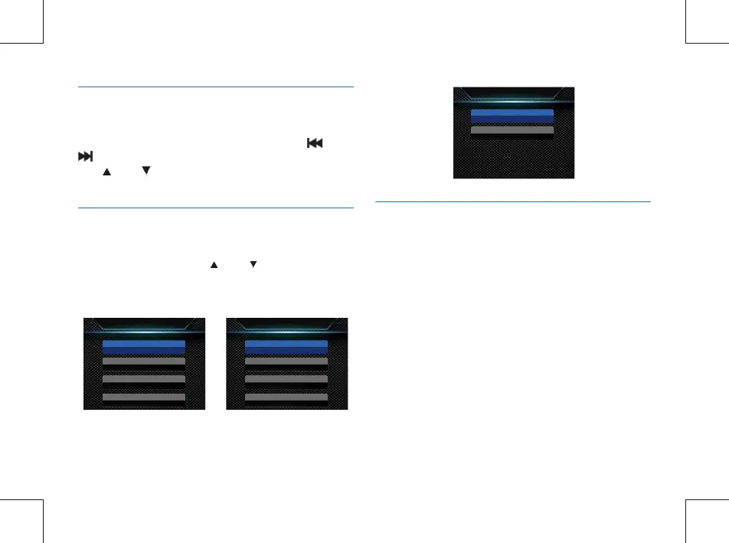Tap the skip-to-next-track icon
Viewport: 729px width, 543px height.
[85, 156]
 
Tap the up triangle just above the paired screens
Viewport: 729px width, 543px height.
[214, 263]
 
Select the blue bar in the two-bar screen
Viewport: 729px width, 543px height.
[512, 116]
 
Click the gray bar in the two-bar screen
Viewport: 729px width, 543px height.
[512, 130]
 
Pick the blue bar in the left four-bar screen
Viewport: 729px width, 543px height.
[144, 346]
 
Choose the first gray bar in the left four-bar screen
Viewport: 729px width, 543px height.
[144, 361]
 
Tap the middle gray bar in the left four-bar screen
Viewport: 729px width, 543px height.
[144, 379]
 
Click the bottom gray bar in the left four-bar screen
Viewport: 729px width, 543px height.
[144, 397]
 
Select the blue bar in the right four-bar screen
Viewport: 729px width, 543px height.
[286, 346]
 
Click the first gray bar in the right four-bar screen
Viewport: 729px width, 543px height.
[286, 361]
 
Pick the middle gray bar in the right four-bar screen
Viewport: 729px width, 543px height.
[286, 379]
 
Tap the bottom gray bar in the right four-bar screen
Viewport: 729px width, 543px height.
[286, 397]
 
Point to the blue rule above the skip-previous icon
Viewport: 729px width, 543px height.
[215, 87]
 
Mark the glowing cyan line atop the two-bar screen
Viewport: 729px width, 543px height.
[513, 101]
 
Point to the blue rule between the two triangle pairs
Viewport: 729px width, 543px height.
[215, 207]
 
